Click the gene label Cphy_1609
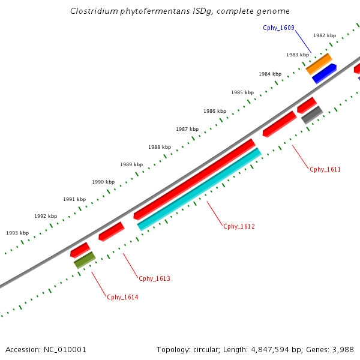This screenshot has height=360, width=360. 278,28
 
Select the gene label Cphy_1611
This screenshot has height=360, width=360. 325,169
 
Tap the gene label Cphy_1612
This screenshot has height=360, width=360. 239,226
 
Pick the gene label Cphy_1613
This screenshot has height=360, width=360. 155,278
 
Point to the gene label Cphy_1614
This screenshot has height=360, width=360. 122,297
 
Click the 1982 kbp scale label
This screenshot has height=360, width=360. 325,35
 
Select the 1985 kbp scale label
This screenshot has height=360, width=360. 242,92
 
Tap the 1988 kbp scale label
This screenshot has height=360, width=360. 160,147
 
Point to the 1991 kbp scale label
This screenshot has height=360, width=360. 74,199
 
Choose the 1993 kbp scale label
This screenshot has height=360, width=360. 17,233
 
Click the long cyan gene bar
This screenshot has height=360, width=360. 199,188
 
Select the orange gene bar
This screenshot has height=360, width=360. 319,64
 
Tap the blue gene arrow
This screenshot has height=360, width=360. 324,73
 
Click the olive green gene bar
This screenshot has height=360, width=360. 85,260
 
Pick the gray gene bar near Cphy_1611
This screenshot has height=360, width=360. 312,115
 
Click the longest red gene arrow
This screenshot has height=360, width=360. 194,178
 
